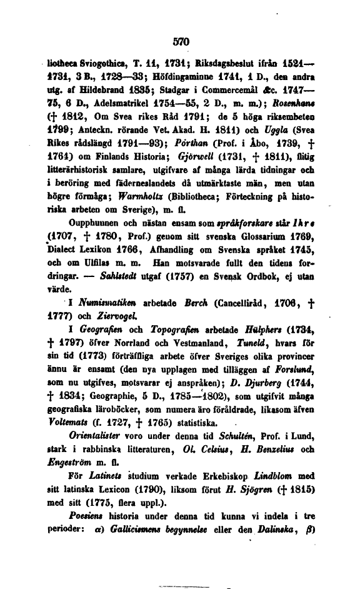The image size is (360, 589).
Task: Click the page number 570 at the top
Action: point(181,41)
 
